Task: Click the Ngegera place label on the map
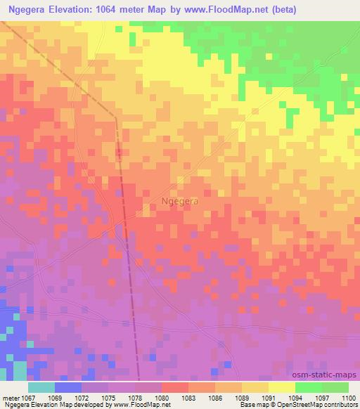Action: pos(179,200)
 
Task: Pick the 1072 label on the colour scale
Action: pos(82,397)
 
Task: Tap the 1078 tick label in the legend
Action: pos(135,397)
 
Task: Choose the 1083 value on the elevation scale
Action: pos(188,397)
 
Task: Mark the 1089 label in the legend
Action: pos(241,397)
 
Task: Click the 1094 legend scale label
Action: pos(295,397)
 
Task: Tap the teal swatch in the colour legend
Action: pos(41,387)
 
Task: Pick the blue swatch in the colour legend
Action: pos(68,387)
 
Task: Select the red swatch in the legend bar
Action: pos(175,387)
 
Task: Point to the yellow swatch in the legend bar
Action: pos(281,387)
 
